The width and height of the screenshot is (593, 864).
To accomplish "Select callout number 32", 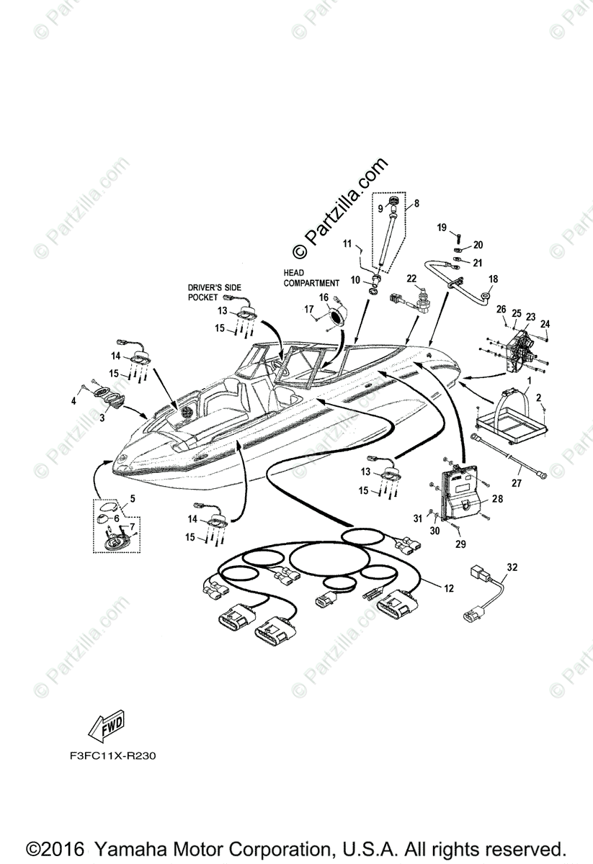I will [512, 568].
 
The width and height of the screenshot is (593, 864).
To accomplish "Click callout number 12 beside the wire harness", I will [449, 589].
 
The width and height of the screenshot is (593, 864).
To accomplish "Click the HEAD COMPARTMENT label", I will [311, 278].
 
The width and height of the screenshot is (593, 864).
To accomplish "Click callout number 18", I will [494, 279].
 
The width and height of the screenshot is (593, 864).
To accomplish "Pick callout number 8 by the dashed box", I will [416, 204].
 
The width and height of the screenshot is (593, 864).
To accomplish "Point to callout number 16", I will [324, 296].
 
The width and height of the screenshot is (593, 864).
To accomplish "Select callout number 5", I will [132, 497].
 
